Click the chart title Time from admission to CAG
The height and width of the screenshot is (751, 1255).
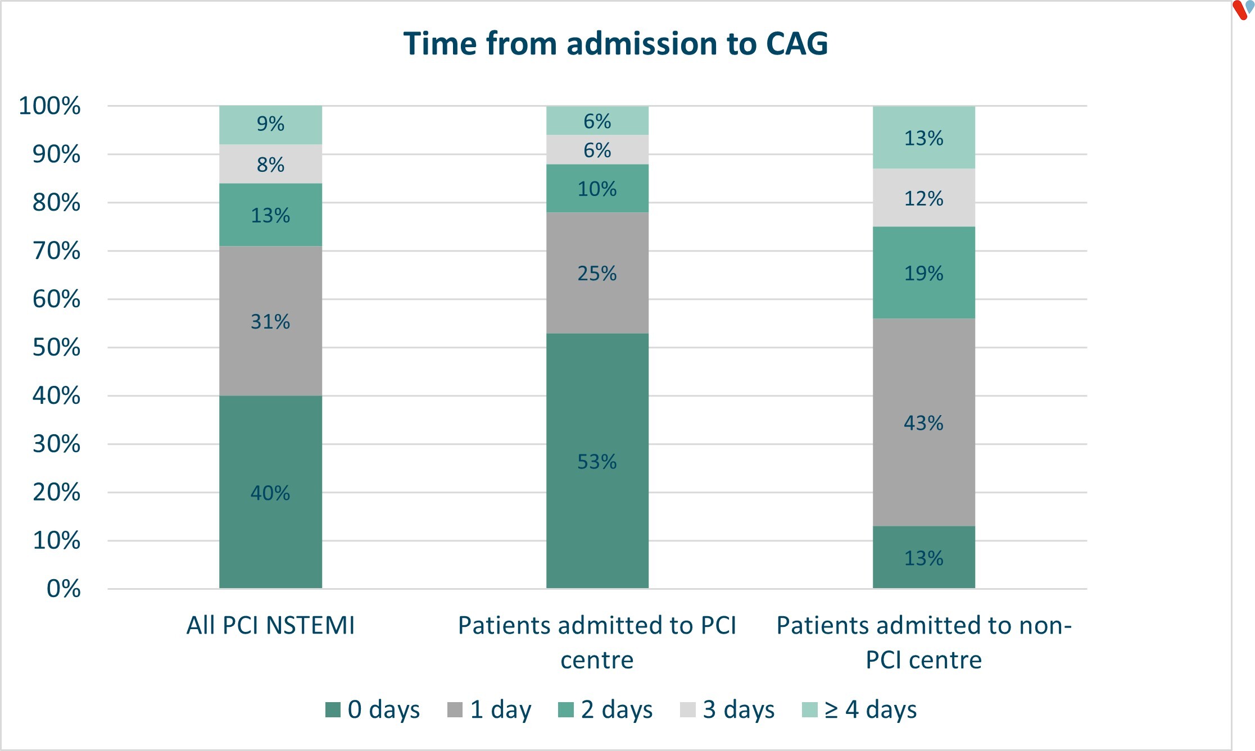tap(615, 44)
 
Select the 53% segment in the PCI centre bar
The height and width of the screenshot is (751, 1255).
tap(597, 461)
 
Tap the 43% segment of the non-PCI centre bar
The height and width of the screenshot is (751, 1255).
tap(923, 422)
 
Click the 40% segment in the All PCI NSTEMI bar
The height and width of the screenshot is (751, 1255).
tap(270, 492)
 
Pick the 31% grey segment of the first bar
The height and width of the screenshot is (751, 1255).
tap(270, 321)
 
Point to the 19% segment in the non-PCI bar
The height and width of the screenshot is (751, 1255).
tap(923, 273)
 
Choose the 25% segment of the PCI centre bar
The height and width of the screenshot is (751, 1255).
tap(597, 273)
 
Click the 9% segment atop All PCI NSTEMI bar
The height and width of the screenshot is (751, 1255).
tap(270, 124)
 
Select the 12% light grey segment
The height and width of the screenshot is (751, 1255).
tap(923, 198)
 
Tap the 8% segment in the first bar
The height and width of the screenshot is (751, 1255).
tap(270, 164)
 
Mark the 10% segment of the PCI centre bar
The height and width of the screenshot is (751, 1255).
tap(597, 188)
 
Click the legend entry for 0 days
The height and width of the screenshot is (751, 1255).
tap(373, 709)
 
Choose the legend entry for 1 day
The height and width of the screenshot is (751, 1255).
tap(489, 709)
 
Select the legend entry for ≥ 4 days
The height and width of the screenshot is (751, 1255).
tap(859, 709)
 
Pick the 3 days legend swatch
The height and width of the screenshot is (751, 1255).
tap(687, 709)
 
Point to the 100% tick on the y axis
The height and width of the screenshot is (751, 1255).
tap(49, 106)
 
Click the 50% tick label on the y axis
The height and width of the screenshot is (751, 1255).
tap(56, 347)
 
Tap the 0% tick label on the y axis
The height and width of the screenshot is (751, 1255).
tap(64, 589)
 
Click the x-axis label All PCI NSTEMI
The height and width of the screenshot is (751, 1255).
tap(270, 625)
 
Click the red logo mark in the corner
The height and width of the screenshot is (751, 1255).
tap(1239, 10)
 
